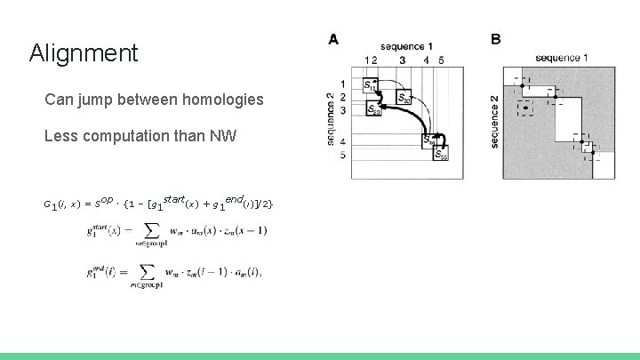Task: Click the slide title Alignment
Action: [x=84, y=53]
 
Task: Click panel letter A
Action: [x=332, y=39]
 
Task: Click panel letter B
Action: [x=495, y=39]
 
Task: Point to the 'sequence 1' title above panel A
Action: [x=406, y=46]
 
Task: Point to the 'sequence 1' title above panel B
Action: [x=561, y=58]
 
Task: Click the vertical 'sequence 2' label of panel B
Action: [x=494, y=121]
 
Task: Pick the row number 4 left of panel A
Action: [x=342, y=142]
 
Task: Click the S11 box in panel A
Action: [x=371, y=84]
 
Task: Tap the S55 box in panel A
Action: [x=442, y=154]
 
